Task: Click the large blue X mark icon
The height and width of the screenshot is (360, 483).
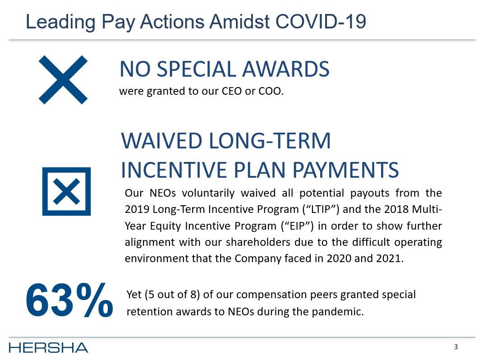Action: (63, 80)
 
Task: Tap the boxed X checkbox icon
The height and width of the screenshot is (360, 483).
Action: (66, 191)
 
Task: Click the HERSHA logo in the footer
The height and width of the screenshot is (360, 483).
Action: (48, 347)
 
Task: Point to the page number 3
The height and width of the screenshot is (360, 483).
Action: (456, 347)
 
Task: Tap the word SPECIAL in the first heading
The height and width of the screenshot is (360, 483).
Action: (200, 69)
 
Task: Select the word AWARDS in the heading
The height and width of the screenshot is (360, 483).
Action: (286, 69)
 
